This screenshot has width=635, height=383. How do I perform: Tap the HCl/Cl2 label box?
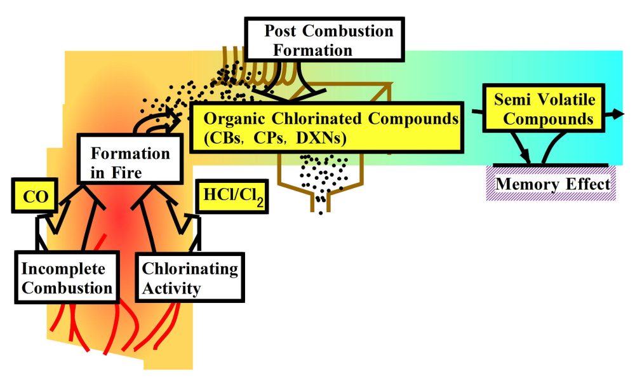coord(232,196)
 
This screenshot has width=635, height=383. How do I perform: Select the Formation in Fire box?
coord(130,159)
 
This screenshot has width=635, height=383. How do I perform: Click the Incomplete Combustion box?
coord(67,278)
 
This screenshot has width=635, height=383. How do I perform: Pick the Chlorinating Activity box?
coord(190,278)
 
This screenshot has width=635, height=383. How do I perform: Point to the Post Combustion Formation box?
coord(324,39)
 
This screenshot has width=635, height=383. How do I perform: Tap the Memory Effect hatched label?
coord(551,184)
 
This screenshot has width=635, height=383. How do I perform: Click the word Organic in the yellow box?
coord(234,119)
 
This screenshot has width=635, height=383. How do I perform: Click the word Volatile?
coord(570,99)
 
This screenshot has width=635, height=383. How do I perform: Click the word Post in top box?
coord(280,31)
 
